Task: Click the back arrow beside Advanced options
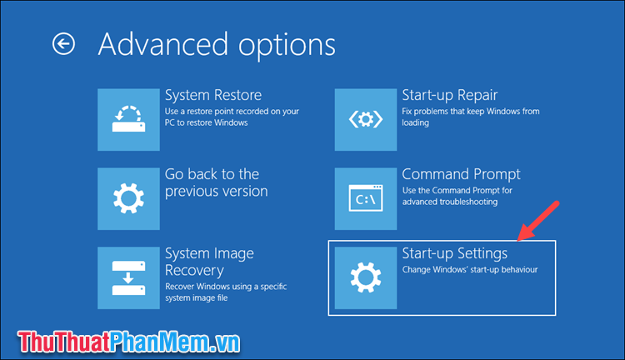pos(63,44)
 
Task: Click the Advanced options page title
pos(217,44)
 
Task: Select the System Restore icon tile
pos(128,118)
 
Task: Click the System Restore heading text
pos(213,95)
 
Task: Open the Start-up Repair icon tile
pos(365,118)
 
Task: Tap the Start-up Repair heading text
pos(462,95)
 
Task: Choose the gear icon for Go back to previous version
pos(128,197)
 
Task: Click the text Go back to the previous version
pos(216,182)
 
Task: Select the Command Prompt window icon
pos(365,197)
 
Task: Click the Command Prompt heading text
pos(472,174)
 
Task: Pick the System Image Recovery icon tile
pos(128,277)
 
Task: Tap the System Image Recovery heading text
pos(209,262)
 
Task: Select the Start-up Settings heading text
pos(466,253)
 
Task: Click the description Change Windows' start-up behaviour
pos(470,270)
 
